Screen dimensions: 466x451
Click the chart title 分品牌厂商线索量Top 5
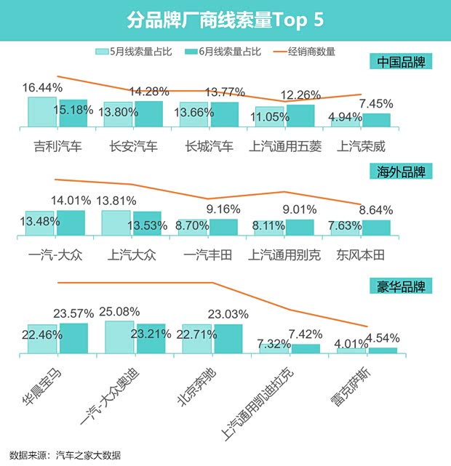pos(225,19)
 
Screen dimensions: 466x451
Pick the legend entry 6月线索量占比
pos(223,52)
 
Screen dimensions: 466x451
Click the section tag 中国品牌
pos(401,62)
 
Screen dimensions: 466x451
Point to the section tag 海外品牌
pos(401,172)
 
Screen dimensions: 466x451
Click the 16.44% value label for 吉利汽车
pos(43,87)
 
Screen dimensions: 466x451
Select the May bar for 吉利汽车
pos(42,113)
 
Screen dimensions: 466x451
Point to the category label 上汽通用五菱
pos(285,146)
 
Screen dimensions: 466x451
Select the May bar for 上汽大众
pos(116,223)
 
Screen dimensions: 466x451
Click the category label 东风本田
pos(360,254)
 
